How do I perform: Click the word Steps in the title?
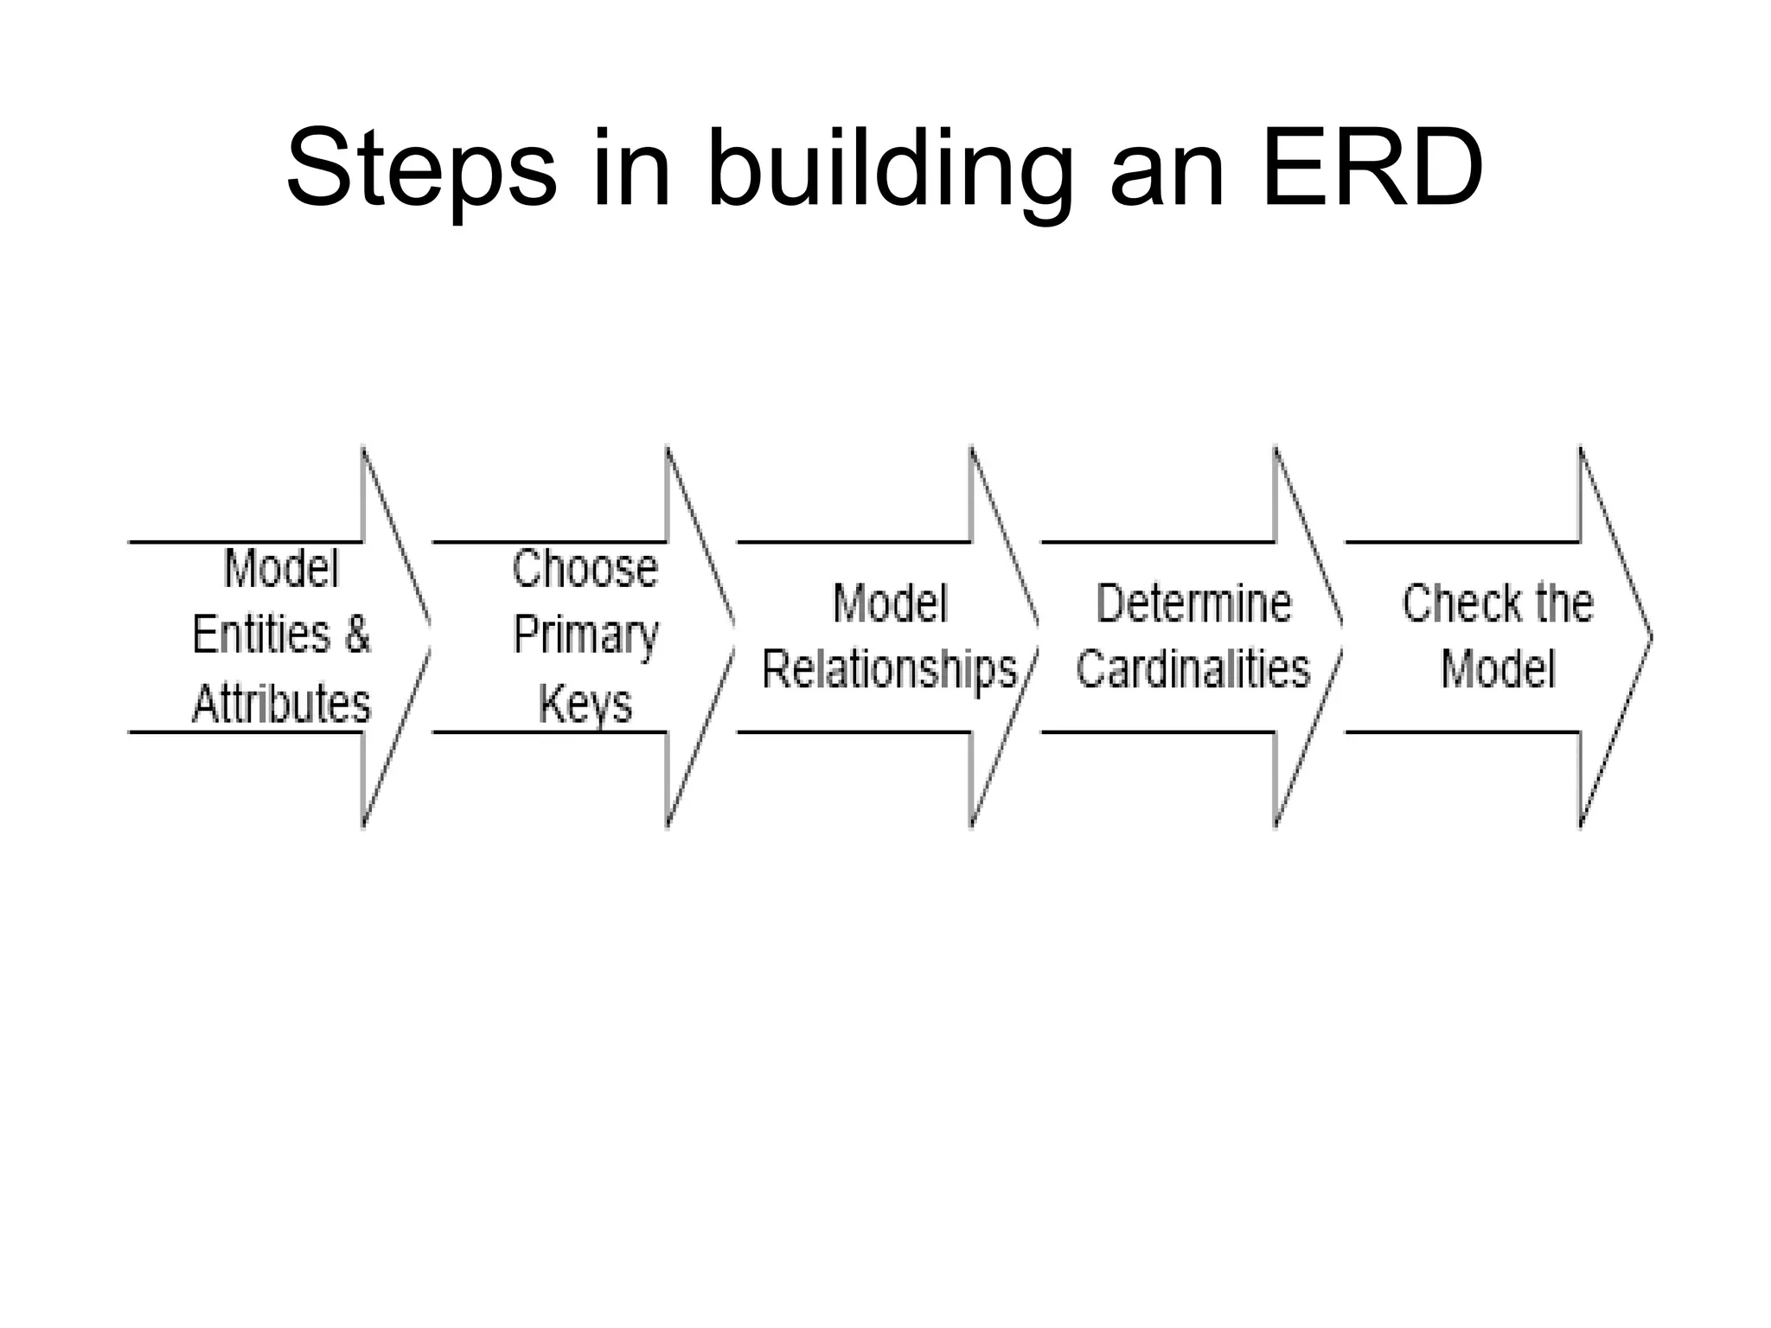421,169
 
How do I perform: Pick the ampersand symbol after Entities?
357,635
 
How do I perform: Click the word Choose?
585,569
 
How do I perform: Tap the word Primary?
585,636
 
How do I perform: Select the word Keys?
585,704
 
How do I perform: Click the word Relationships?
889,670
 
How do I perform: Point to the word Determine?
1193,603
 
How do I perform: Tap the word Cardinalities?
1193,669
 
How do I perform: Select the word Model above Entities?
281,569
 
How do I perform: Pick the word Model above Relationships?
890,603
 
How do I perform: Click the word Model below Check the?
1498,669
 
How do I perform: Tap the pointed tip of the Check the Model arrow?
1650,637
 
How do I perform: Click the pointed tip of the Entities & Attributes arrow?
430,637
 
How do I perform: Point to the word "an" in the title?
1167,169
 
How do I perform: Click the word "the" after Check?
1561,603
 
